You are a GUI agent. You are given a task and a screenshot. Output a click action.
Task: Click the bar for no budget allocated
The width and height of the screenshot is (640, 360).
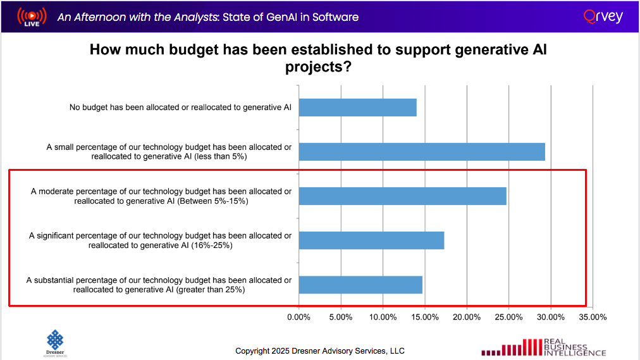pyautogui.click(x=357, y=108)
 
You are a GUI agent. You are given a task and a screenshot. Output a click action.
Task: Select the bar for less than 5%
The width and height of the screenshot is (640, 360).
pyautogui.click(x=422, y=152)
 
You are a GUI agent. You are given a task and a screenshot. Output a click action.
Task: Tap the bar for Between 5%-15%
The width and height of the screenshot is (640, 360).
pyautogui.click(x=402, y=196)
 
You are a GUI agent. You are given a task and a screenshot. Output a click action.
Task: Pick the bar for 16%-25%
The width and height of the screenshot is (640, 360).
pyautogui.click(x=371, y=240)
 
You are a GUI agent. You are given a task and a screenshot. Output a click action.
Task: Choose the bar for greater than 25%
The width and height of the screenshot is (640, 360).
pyautogui.click(x=360, y=285)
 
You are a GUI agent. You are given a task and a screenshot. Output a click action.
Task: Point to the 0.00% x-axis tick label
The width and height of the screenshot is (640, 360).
pyautogui.click(x=298, y=316)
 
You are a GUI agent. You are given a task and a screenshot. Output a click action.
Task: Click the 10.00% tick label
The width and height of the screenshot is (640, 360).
pyautogui.click(x=383, y=316)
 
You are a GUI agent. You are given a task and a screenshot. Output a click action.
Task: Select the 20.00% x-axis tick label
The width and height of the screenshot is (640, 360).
pyautogui.click(x=467, y=316)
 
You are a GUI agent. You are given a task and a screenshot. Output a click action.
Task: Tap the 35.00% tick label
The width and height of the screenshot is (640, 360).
pyautogui.click(x=593, y=316)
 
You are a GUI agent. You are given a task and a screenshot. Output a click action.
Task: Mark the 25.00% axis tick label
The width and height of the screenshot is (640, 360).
pyautogui.click(x=509, y=316)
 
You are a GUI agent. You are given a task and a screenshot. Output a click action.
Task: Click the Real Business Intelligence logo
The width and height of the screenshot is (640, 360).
pyautogui.click(x=544, y=347)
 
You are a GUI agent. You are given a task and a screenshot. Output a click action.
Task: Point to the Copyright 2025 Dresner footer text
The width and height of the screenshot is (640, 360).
pyautogui.click(x=320, y=351)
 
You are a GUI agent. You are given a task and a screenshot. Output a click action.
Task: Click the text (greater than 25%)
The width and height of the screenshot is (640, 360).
pyautogui.click(x=211, y=290)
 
